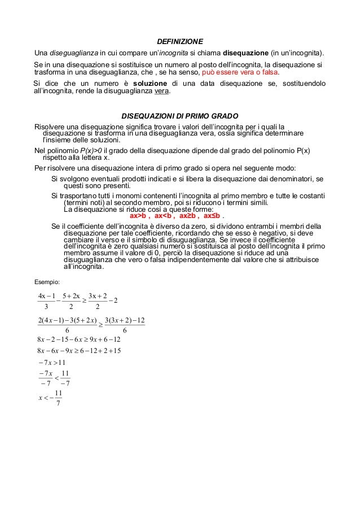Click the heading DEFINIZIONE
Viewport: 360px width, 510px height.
(180, 41)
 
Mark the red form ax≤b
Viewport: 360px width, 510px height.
(213, 216)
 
